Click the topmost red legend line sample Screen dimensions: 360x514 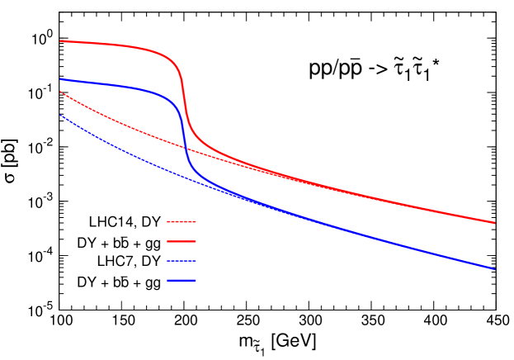182,221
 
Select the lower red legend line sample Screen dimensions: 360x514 182,241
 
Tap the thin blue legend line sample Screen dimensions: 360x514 182,261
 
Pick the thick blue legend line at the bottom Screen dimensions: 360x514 182,281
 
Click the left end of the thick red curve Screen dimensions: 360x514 60,40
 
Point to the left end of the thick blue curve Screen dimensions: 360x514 60,79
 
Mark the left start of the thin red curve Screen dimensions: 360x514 60,92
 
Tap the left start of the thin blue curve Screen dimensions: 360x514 60,115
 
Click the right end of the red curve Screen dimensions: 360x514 494,222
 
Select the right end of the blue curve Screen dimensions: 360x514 494,268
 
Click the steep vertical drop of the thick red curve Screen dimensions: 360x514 184,95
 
